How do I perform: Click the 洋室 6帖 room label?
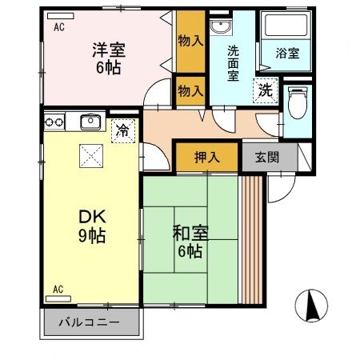coord(106,58)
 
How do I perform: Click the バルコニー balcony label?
coord(90,324)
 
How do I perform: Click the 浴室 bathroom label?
coord(287,54)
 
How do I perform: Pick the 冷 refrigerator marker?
coord(123,128)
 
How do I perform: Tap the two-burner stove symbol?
coord(54,122)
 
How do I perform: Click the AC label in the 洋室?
coord(59,26)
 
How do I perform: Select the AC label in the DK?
coord(58,287)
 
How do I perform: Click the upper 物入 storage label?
coord(190,40)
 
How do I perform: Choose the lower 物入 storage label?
coord(190,90)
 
